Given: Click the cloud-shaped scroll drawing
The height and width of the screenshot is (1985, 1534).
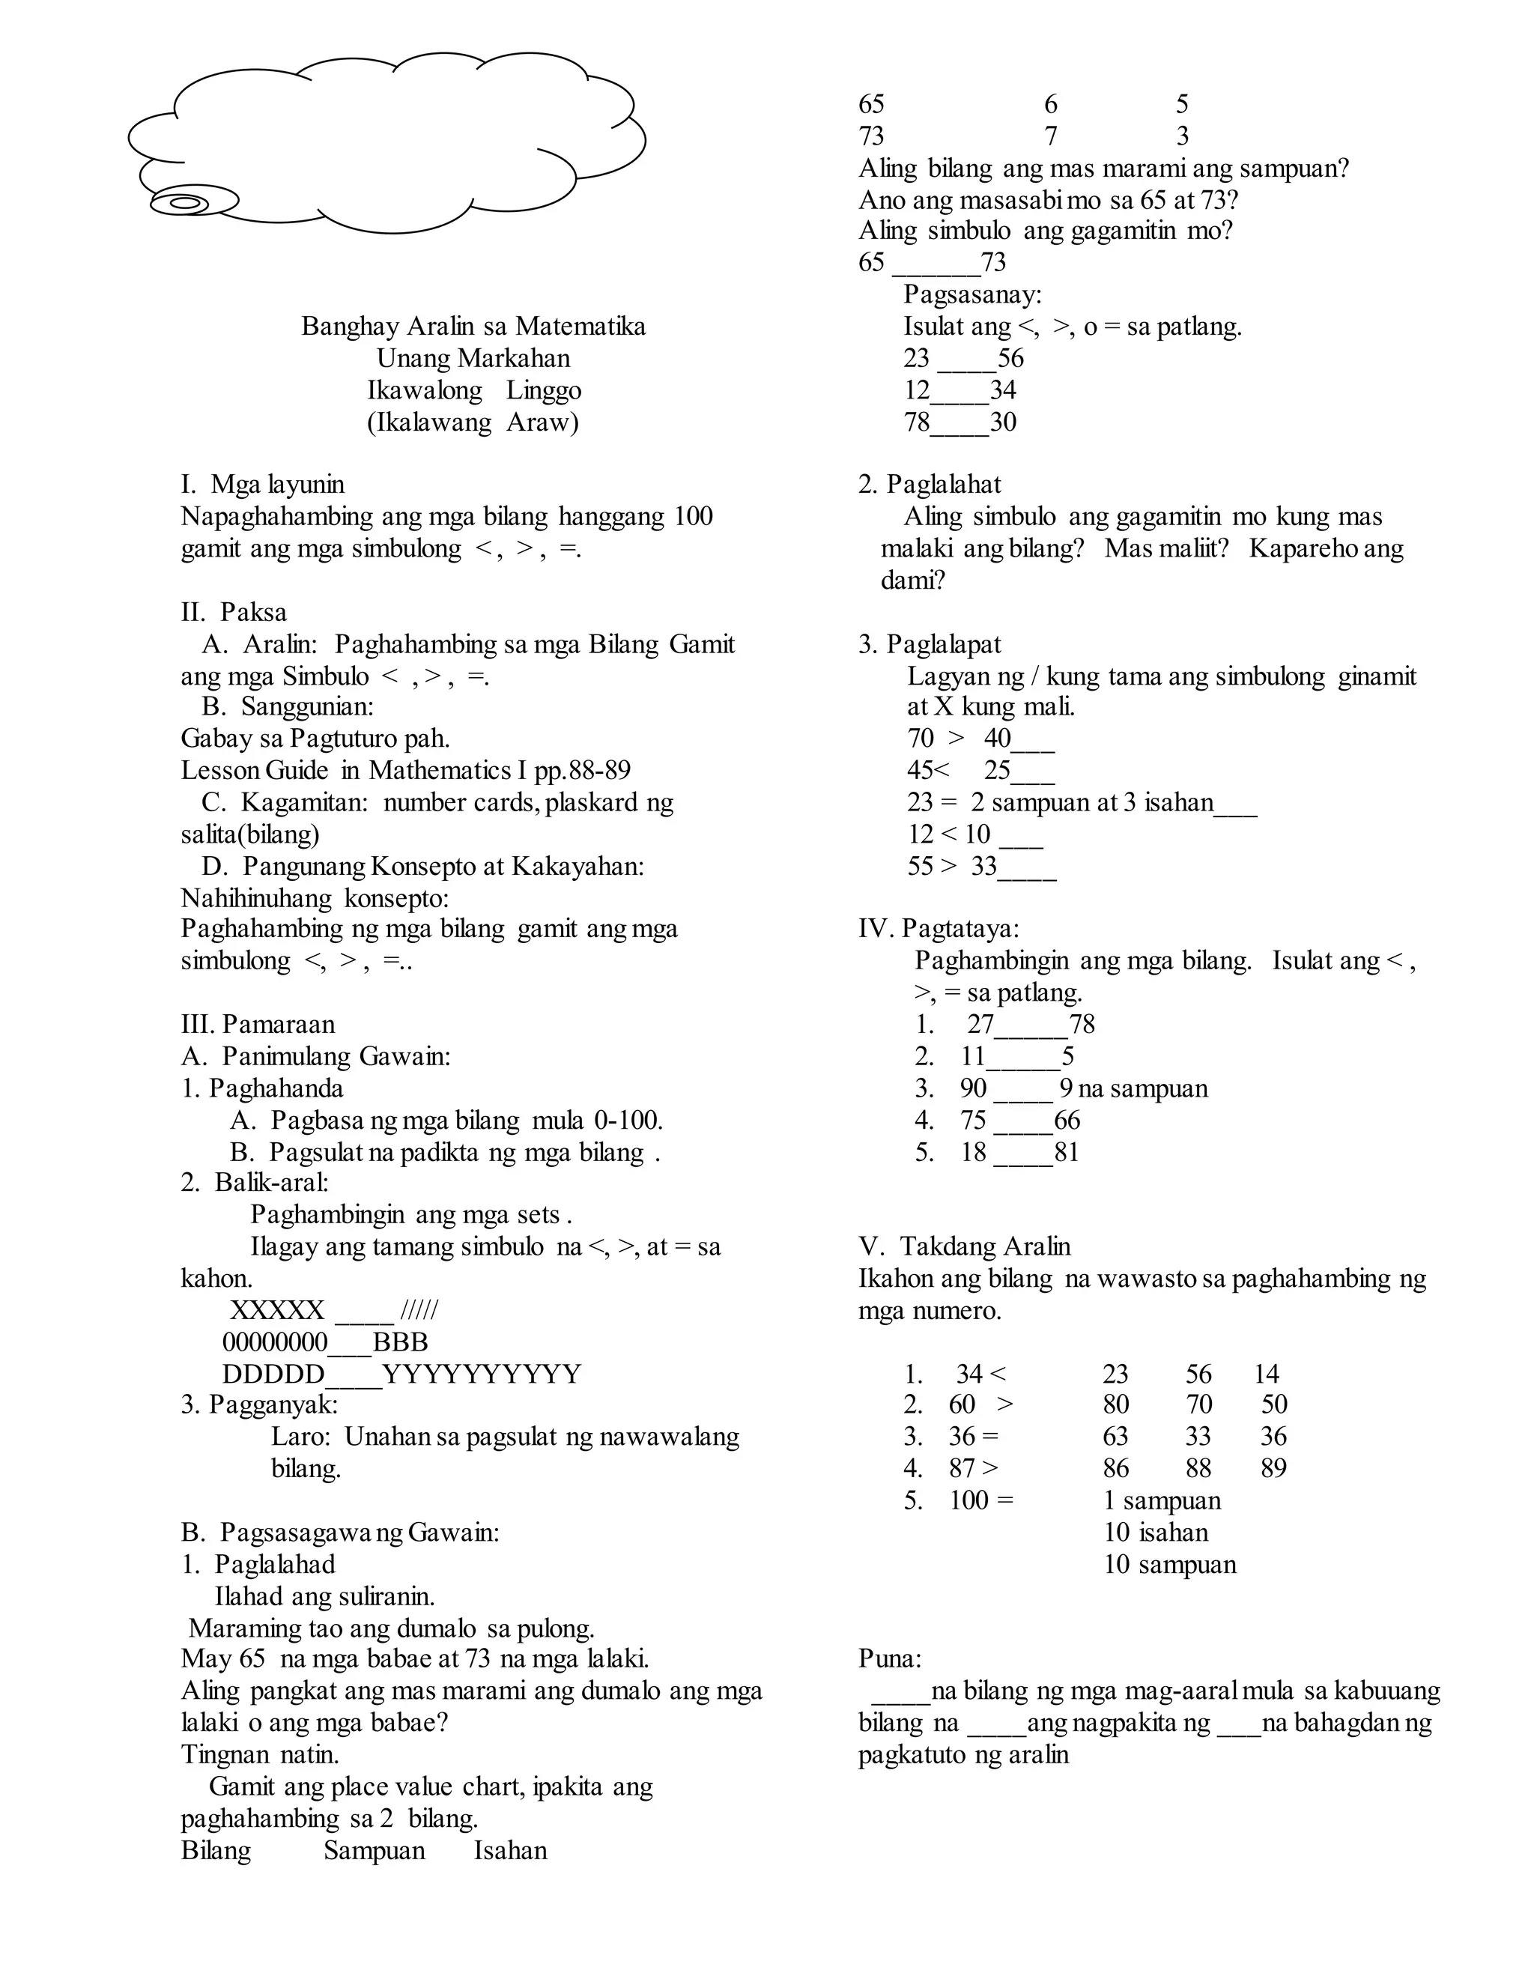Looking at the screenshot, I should [386, 141].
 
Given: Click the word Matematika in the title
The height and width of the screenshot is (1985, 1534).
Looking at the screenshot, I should [580, 327].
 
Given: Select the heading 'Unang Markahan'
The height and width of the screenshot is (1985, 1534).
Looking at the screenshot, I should [473, 358].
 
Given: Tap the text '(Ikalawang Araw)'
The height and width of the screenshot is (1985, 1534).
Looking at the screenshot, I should [473, 422].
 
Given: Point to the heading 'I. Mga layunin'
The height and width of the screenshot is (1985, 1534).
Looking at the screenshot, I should [263, 485].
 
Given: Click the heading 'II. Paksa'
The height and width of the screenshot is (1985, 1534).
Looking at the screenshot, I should [234, 613].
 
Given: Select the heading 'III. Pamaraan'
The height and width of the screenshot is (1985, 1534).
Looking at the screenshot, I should [258, 1024].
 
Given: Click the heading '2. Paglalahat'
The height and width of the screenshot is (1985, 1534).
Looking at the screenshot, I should [930, 485].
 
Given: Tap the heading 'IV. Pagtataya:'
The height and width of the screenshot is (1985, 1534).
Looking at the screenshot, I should [939, 929].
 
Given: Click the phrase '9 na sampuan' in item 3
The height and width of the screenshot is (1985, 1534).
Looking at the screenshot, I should [1133, 1089].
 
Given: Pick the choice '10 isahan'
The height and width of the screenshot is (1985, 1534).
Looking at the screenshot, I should [1156, 1533].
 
